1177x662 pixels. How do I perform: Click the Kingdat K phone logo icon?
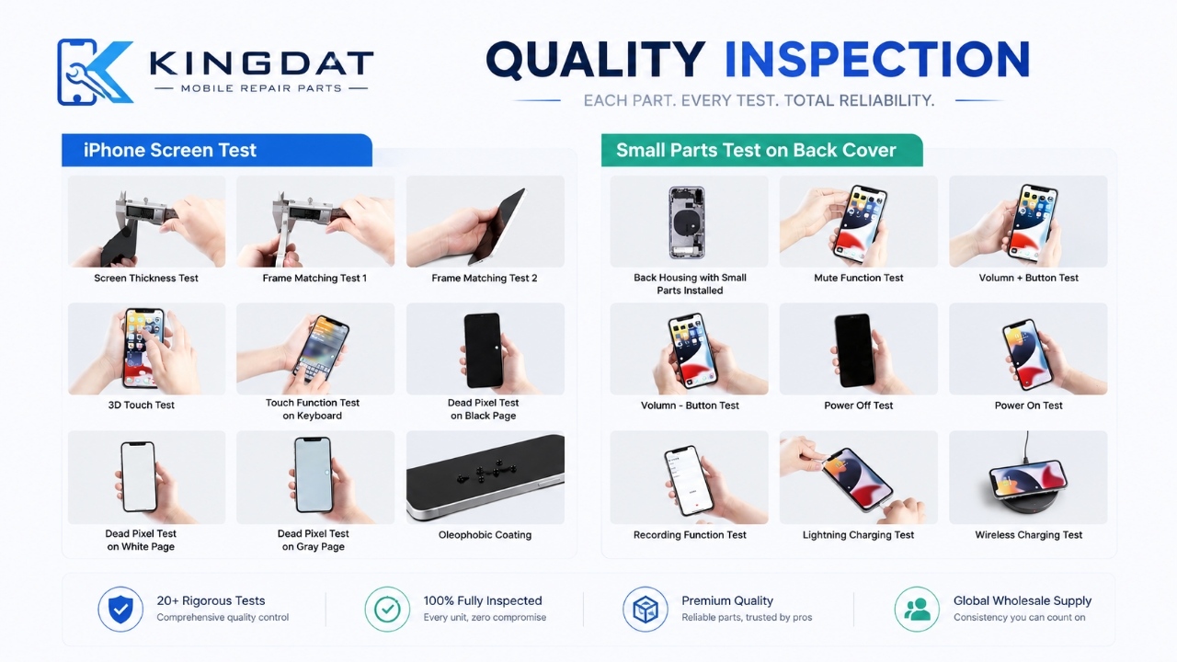tap(95, 72)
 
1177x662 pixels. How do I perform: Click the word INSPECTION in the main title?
tap(877, 60)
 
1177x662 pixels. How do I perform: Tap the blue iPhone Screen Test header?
tap(217, 150)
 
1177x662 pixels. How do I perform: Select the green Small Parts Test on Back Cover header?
tap(762, 150)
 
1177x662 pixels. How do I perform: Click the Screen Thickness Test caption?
tap(146, 279)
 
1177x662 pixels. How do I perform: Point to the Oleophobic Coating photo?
tap(486, 477)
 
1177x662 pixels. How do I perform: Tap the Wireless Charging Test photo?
tap(1028, 477)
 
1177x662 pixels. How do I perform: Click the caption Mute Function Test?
tap(859, 278)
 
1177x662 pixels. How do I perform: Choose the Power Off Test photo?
tap(859, 348)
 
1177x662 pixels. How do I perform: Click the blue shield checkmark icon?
tap(120, 609)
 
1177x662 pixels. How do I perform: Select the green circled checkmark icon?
tap(387, 609)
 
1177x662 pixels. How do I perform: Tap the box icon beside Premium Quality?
tap(646, 609)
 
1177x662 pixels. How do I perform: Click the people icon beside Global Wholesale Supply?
tap(917, 609)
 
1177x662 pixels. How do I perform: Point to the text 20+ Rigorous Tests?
tap(211, 600)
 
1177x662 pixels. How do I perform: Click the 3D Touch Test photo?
tap(146, 348)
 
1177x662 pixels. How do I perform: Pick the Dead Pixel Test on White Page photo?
tap(146, 477)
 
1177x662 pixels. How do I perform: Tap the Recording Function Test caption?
tap(690, 535)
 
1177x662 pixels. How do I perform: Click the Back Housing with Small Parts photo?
tap(689, 222)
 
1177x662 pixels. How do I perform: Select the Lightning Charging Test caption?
tap(859, 535)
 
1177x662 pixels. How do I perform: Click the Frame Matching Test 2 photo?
tap(486, 222)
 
